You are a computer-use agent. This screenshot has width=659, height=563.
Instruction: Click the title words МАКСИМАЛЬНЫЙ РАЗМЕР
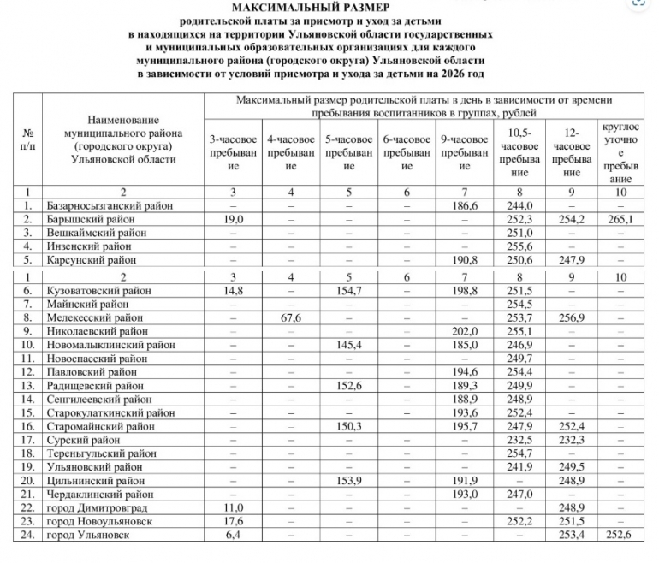pos(329,8)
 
